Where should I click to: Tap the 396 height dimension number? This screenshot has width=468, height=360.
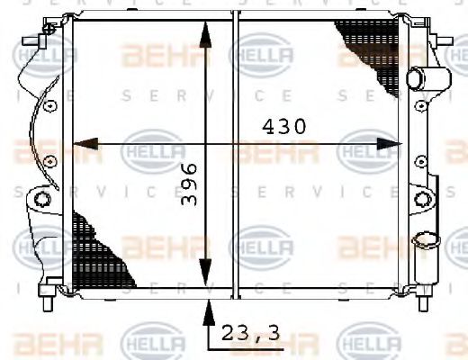pos(189,185)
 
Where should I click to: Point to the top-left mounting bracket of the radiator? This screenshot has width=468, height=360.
pos(40,41)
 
